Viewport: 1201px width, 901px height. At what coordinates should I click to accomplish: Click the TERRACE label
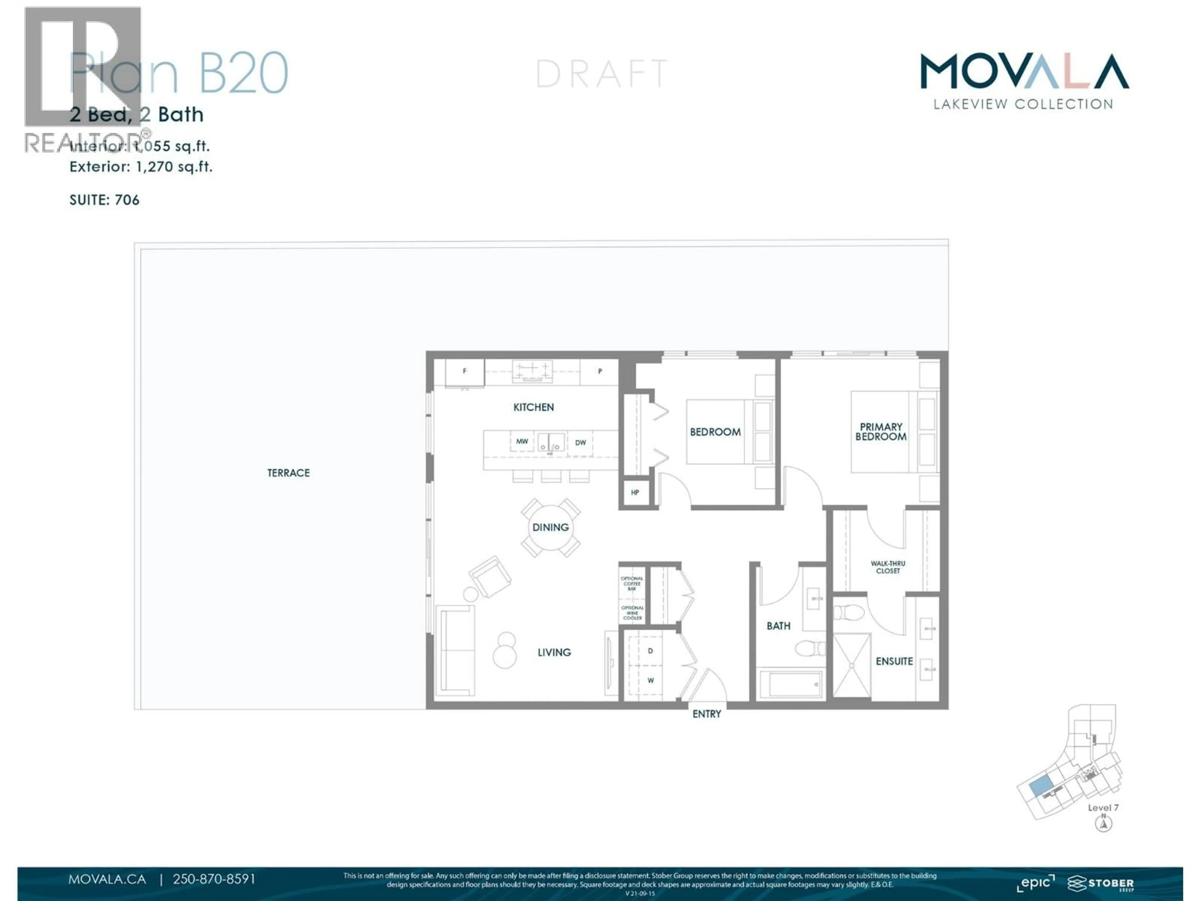click(x=288, y=473)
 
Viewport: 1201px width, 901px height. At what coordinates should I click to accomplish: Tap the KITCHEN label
click(x=533, y=407)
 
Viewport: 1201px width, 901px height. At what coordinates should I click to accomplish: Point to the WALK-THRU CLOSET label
click(x=888, y=567)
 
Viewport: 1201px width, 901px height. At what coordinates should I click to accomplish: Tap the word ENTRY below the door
click(x=707, y=714)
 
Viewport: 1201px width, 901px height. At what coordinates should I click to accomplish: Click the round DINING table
click(x=550, y=527)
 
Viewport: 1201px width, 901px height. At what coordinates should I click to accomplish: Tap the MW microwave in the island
click(x=522, y=441)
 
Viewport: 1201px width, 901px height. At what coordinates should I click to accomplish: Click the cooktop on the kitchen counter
click(x=532, y=371)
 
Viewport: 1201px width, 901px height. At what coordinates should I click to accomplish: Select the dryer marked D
click(x=650, y=651)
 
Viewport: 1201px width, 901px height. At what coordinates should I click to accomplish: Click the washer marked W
click(x=650, y=680)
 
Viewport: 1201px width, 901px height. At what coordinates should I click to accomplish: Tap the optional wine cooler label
click(x=632, y=613)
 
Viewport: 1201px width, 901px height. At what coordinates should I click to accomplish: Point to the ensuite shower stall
click(x=851, y=665)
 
